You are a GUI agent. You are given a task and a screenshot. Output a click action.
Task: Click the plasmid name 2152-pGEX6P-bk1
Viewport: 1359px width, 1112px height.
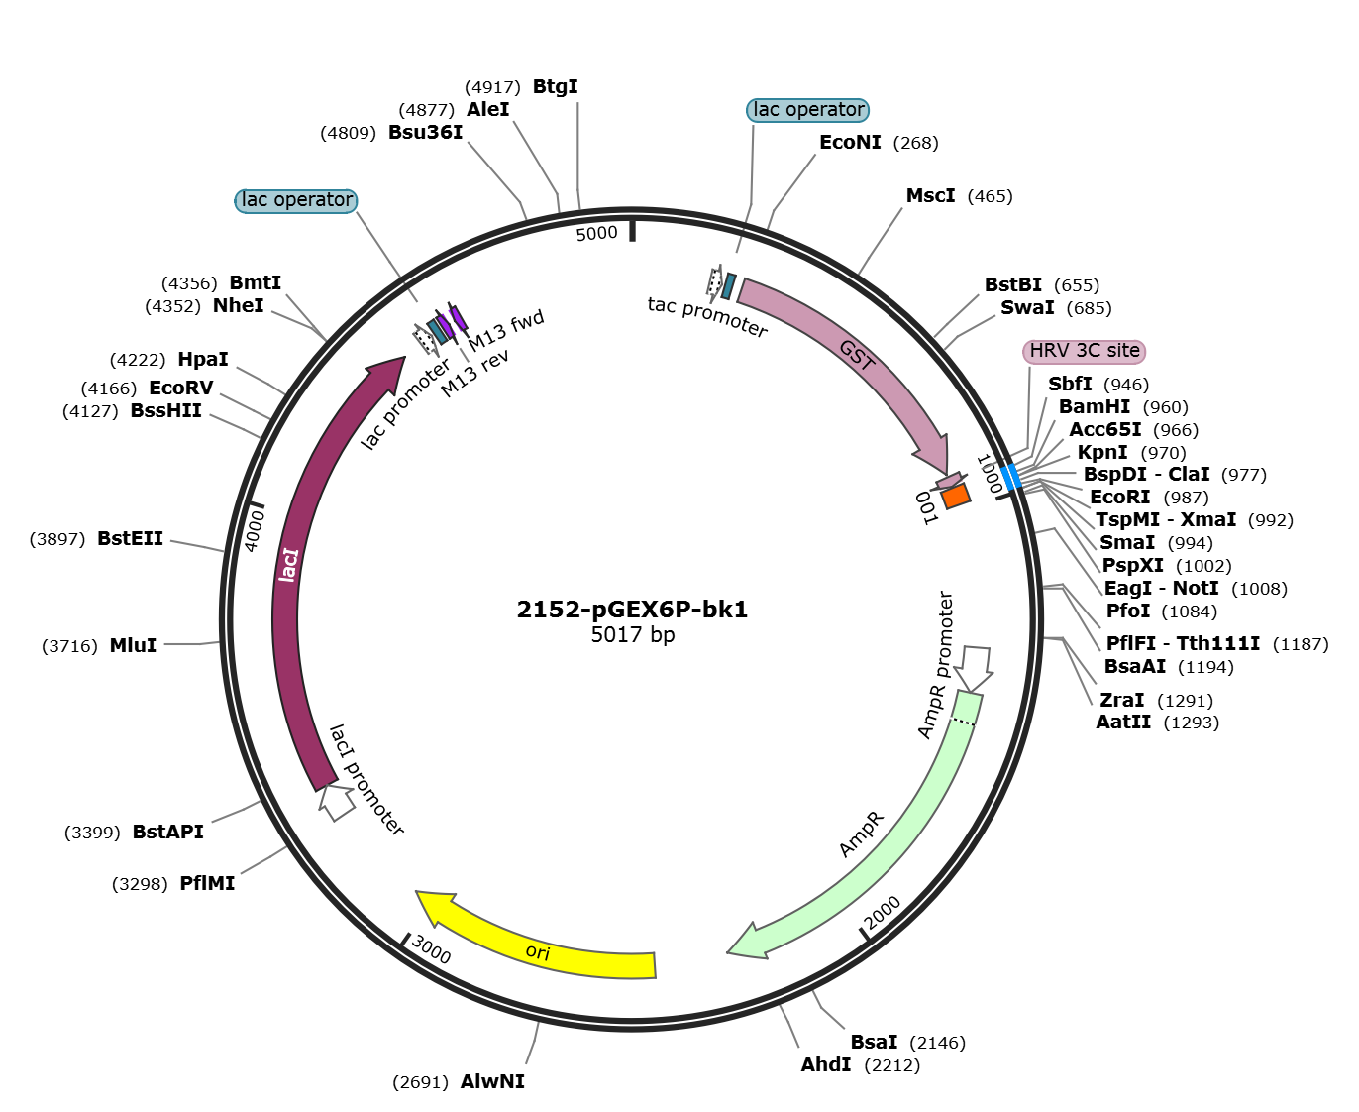tap(632, 610)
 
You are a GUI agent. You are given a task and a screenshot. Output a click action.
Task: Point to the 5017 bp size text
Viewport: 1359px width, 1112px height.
tap(632, 635)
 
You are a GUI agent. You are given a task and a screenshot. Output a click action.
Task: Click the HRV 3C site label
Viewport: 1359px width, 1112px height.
tap(1084, 351)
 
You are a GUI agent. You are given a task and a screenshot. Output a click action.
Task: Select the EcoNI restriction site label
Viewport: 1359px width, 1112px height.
tap(850, 143)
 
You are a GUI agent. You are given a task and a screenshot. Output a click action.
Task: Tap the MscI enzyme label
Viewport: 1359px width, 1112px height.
tap(930, 196)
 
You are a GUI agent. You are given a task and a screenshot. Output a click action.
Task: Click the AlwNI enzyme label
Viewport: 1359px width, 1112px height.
tap(492, 1082)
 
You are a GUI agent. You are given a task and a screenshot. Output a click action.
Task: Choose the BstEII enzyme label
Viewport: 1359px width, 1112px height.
tap(130, 539)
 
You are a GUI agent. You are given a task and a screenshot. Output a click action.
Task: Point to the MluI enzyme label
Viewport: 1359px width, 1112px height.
tap(133, 646)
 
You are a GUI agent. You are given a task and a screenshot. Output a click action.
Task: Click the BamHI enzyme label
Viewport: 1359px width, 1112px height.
tap(1094, 407)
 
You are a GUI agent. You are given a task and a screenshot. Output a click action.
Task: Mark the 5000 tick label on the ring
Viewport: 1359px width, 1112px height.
tap(596, 234)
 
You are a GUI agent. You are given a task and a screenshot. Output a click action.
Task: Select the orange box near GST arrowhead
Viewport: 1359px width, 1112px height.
tap(956, 496)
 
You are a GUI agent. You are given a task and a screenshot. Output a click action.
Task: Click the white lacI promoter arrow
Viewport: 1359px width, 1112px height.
tap(337, 801)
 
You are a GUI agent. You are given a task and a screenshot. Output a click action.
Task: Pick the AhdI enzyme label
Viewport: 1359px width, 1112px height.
tap(825, 1065)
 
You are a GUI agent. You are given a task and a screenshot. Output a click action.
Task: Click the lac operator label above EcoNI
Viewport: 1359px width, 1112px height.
tap(808, 110)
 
